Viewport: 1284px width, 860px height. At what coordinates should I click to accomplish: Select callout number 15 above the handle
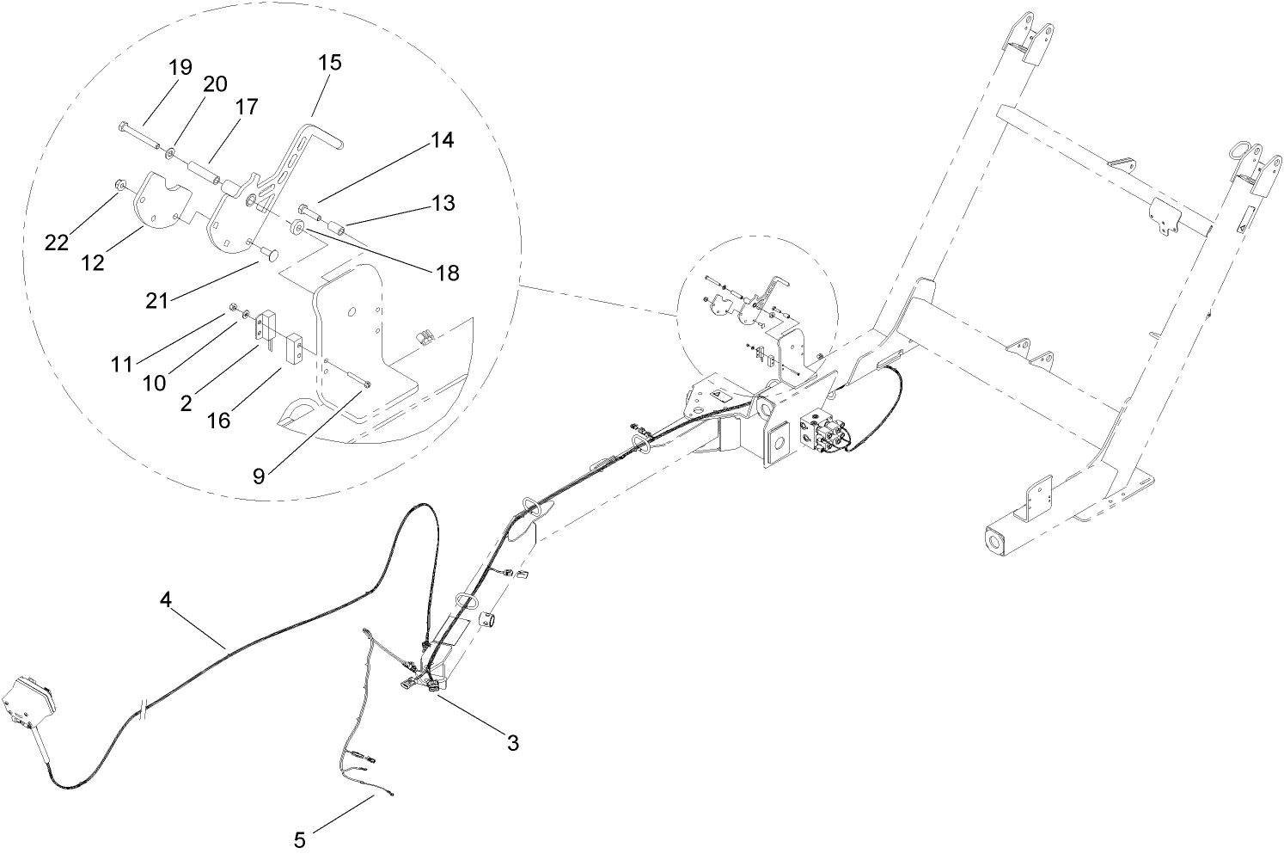pyautogui.click(x=330, y=62)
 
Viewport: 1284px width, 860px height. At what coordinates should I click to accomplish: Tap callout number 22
pyautogui.click(x=57, y=243)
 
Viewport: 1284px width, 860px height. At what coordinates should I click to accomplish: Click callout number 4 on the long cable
pyautogui.click(x=166, y=599)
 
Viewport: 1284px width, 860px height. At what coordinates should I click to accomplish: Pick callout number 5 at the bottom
pyautogui.click(x=299, y=840)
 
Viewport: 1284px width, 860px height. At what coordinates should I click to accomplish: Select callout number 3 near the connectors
pyautogui.click(x=512, y=743)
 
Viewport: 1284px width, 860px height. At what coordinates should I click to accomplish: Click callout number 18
pyautogui.click(x=447, y=273)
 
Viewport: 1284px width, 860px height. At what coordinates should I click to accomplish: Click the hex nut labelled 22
pyautogui.click(x=120, y=185)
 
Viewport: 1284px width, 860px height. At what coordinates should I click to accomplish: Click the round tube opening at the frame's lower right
pyautogui.click(x=995, y=544)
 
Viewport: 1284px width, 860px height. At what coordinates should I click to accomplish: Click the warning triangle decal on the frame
pyautogui.click(x=718, y=396)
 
